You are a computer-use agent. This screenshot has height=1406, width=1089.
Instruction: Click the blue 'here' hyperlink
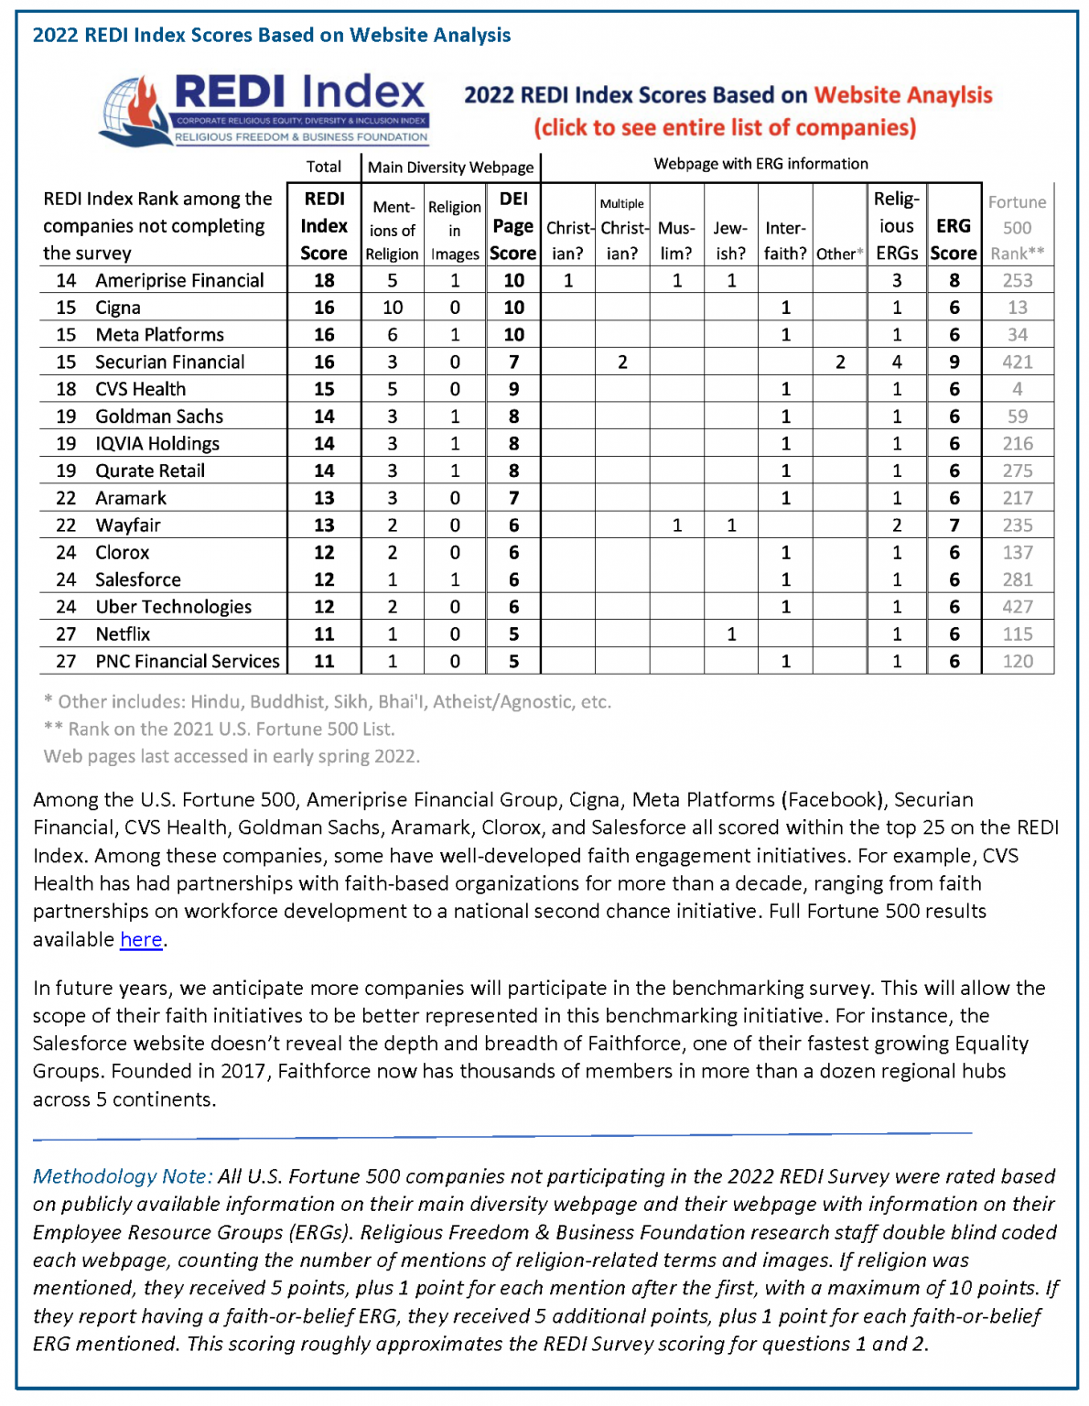point(141,940)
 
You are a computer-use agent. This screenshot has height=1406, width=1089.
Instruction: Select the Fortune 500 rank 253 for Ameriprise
point(1017,280)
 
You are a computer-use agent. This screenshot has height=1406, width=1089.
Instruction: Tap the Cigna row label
point(118,308)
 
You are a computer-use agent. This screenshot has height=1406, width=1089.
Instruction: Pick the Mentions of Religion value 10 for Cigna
point(392,308)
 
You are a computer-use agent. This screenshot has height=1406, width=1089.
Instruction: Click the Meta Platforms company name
point(159,335)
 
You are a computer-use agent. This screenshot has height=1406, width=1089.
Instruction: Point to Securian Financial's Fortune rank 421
point(1017,362)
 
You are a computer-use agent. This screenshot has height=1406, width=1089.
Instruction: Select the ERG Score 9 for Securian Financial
point(954,362)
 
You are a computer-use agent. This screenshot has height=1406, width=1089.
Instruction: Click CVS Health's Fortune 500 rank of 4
point(1017,389)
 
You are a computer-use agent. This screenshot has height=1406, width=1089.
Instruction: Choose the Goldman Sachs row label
point(159,416)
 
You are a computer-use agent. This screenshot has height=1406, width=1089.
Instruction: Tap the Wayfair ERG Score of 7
point(954,525)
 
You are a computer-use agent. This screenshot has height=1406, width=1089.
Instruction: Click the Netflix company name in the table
point(123,634)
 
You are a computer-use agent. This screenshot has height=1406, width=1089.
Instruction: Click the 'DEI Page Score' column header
point(513,225)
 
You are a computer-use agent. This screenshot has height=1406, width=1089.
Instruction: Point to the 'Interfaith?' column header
point(785,240)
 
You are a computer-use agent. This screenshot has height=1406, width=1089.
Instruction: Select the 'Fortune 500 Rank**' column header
point(1017,227)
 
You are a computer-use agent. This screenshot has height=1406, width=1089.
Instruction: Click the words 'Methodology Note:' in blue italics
point(123,1176)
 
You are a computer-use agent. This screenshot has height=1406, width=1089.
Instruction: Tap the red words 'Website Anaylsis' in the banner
point(903,95)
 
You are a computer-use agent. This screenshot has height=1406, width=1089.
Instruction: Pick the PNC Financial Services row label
point(188,661)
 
